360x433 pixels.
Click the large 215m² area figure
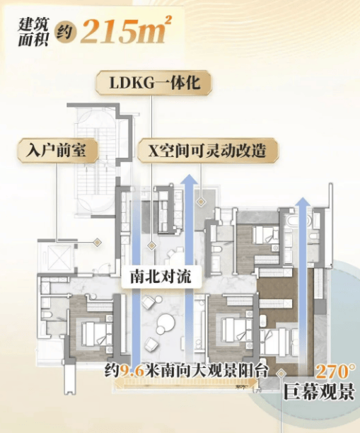tap(126, 29)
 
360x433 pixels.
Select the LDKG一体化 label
tap(154, 83)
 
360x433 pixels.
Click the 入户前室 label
tap(58, 151)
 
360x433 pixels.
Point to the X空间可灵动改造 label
tap(208, 151)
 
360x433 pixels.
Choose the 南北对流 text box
tap(161, 277)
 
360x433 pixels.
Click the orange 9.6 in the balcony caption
tap(132, 371)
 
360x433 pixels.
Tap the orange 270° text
tap(335, 372)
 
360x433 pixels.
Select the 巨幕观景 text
tap(319, 392)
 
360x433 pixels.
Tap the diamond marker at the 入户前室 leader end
tap(97, 243)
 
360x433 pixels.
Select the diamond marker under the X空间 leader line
tap(201, 202)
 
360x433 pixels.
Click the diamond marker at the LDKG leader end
tap(151, 246)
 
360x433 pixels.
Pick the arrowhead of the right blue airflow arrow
tap(303, 202)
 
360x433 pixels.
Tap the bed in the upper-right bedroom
tap(266, 235)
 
